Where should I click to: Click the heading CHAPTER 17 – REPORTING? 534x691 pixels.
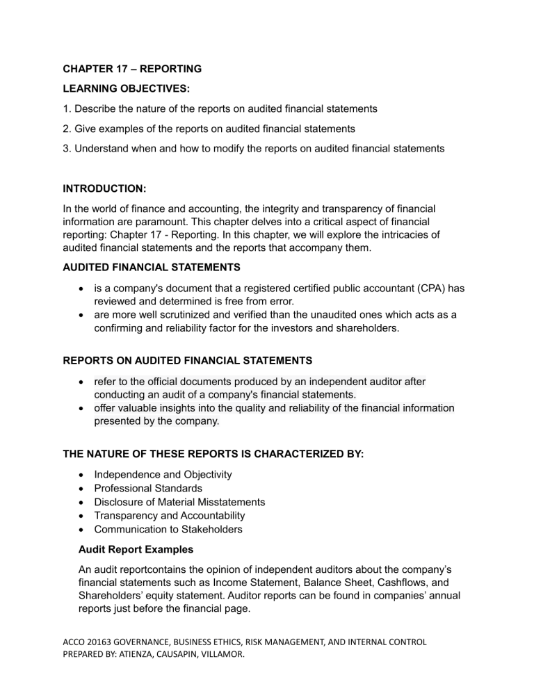coord(132,69)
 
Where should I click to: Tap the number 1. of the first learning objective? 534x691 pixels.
coord(67,109)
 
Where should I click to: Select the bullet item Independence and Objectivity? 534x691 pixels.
coord(163,474)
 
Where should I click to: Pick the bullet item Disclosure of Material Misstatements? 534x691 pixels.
coord(179,502)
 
